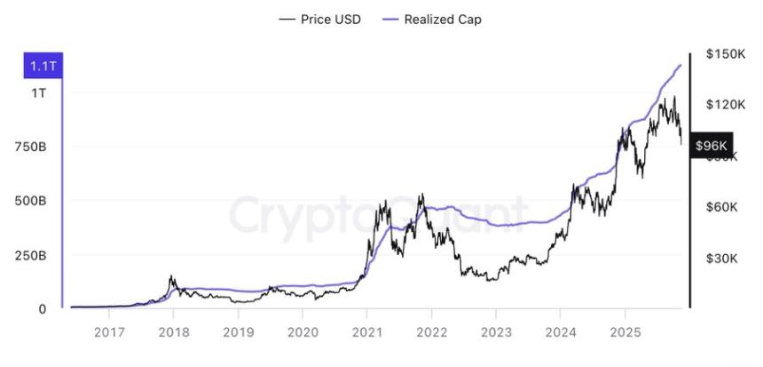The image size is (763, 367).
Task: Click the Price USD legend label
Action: pos(331,19)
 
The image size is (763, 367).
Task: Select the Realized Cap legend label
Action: pos(443,19)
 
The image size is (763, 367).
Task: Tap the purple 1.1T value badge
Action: pos(42,66)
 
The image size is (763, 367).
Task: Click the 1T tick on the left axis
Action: pos(39,92)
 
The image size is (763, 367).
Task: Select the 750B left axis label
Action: pos(31,147)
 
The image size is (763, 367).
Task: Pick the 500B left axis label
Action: pos(31,201)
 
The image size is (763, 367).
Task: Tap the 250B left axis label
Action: pos(31,255)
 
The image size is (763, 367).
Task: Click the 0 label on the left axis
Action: pos(42,308)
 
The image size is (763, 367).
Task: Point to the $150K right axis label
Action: pos(724,54)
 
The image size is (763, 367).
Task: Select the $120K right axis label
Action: pos(724,104)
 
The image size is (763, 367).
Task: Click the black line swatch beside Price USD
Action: pos(287,19)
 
